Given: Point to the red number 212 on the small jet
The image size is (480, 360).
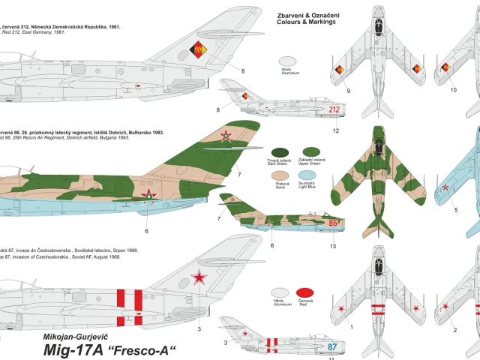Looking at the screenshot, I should pos(336,109).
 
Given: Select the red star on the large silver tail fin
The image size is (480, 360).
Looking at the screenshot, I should pos(199,279).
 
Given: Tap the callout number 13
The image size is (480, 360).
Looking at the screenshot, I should pos(333,245).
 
